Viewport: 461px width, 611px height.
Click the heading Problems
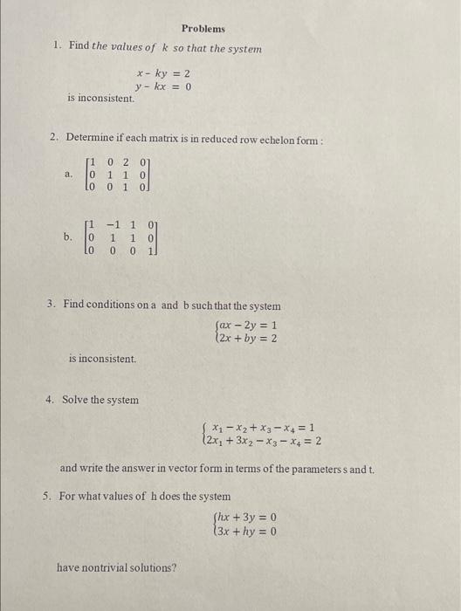click(x=203, y=29)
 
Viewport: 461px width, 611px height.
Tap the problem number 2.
click(x=53, y=137)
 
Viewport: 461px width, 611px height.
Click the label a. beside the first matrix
click(x=69, y=175)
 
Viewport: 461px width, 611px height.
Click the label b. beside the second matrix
click(x=68, y=236)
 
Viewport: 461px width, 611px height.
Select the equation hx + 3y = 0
click(x=247, y=516)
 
